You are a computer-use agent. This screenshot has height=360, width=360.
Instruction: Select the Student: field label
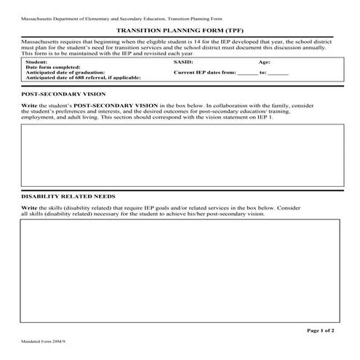coord(37,63)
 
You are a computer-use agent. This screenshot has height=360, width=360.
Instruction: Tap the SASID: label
coord(183,63)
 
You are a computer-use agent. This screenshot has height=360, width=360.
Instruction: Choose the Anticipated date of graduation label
coord(65,73)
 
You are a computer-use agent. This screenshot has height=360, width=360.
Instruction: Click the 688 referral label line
coord(82,79)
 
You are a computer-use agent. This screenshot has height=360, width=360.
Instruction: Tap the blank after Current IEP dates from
coord(247,74)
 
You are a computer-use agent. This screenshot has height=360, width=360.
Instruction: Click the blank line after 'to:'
coord(279,74)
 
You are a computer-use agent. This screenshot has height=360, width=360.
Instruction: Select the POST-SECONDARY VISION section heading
coord(63,95)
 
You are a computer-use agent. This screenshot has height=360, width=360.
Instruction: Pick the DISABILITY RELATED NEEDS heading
coord(68,196)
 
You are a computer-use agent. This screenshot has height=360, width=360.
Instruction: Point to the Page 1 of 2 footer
coord(321,331)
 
